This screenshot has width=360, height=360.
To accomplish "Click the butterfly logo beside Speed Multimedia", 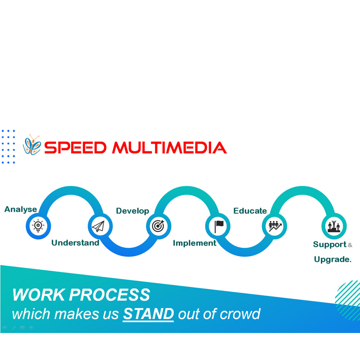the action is click(32, 145).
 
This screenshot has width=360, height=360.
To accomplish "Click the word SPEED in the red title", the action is click(75, 148).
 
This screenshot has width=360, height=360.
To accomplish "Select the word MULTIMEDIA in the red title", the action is click(170, 148).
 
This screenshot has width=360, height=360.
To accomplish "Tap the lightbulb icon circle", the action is click(38, 226).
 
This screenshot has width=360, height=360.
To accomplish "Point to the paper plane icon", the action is click(98, 226).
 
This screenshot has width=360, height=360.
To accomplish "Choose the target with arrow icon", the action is click(158, 226).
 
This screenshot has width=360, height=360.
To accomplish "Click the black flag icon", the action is click(219, 226).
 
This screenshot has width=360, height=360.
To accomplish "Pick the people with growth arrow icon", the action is click(275, 226).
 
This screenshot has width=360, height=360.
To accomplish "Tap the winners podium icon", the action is click(334, 226).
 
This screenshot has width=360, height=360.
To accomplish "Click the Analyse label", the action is click(21, 210).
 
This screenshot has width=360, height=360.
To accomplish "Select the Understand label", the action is click(75, 243).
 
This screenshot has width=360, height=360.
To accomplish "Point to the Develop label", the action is click(132, 211).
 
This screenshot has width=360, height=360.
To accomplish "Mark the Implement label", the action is click(194, 243).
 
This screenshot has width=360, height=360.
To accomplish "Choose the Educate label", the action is click(250, 211).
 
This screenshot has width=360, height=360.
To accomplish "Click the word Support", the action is click(330, 244).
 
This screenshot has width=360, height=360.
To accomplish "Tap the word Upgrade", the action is click(333, 260).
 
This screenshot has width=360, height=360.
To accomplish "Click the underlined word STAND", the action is click(148, 314).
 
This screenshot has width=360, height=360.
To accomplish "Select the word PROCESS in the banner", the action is click(109, 294).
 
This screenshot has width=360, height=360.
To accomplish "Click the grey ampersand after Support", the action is click(350, 245).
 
